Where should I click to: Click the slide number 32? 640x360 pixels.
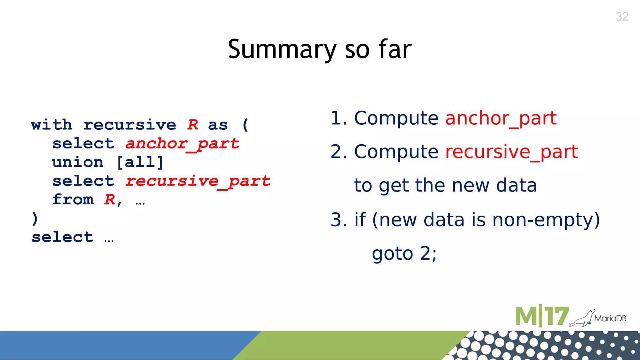pyautogui.click(x=622, y=17)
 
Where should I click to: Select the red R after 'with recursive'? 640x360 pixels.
pyautogui.click(x=193, y=125)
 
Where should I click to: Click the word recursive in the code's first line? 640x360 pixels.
pyautogui.click(x=130, y=125)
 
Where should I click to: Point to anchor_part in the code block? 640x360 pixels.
pyautogui.click(x=182, y=144)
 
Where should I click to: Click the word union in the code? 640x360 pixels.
pyautogui.click(x=77, y=162)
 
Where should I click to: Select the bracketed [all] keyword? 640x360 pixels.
pyautogui.click(x=140, y=162)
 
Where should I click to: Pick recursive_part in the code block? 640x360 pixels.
pyautogui.click(x=198, y=181)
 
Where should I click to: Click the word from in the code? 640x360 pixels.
pyautogui.click(x=73, y=200)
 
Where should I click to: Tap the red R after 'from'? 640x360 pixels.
pyautogui.click(x=110, y=200)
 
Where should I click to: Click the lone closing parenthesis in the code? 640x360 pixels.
pyautogui.click(x=35, y=218)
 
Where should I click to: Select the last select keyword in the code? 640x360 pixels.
pyautogui.click(x=62, y=237)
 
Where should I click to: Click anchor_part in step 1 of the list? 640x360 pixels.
pyautogui.click(x=501, y=118)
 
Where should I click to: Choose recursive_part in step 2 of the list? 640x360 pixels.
pyautogui.click(x=512, y=152)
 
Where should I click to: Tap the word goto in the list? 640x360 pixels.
pyautogui.click(x=392, y=253)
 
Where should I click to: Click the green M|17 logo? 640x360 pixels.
pyautogui.click(x=542, y=316)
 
